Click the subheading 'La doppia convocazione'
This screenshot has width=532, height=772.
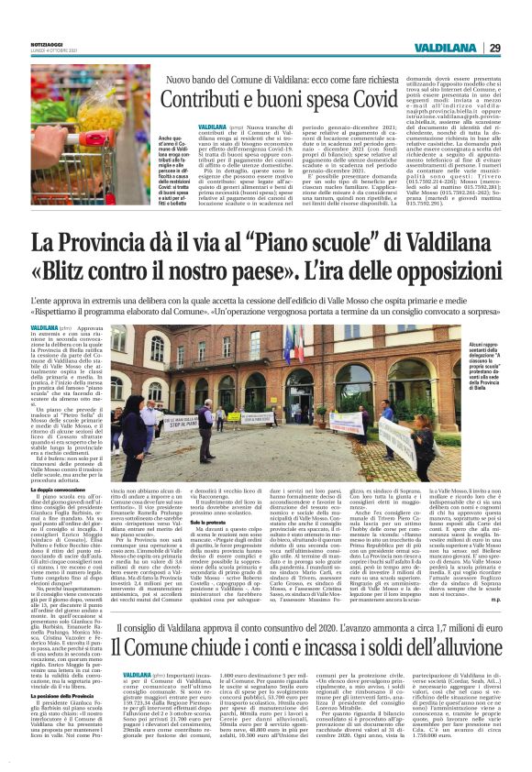point(56,492)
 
